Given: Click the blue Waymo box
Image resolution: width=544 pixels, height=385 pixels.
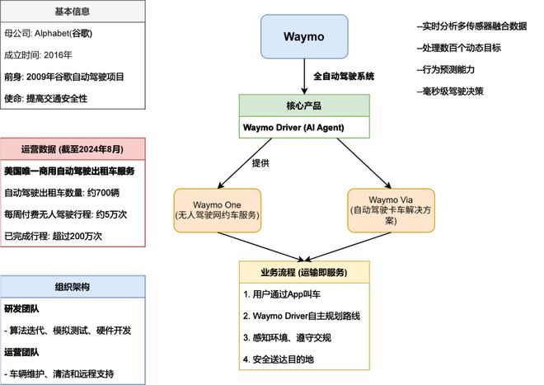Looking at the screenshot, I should point(305,37).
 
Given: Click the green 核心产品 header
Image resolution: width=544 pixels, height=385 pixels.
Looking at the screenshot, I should point(305,106).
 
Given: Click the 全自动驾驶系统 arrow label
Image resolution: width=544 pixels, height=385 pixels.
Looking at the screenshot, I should point(344,76).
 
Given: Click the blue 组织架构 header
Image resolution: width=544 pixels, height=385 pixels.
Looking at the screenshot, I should point(73,287).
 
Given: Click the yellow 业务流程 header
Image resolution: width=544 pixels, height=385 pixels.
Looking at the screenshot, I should point(305,273).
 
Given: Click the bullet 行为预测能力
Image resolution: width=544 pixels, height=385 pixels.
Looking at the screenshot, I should point(453,70).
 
